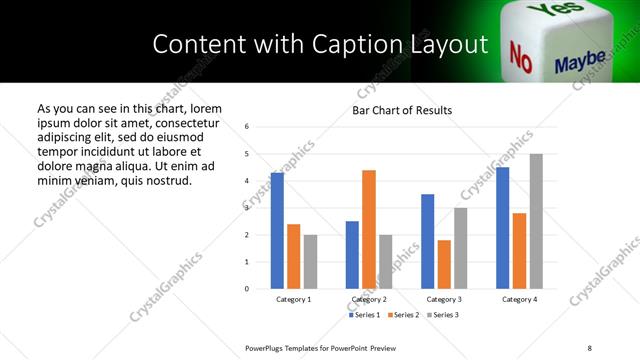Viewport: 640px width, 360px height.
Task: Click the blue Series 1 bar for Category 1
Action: coord(277,231)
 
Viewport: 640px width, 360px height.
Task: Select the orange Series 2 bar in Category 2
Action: coord(369,229)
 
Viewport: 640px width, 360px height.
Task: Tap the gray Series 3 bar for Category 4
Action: coord(536,221)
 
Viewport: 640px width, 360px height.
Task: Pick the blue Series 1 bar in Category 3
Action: coord(428,241)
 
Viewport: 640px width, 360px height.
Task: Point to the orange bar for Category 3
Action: coord(444,264)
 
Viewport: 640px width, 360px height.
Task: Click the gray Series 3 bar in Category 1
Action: coord(311,262)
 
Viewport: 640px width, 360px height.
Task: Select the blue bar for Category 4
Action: coord(503,228)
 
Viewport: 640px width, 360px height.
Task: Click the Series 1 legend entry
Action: coord(364,315)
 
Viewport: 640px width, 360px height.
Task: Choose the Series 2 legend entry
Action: coord(403,315)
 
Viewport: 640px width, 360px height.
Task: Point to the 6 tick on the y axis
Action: coord(247,127)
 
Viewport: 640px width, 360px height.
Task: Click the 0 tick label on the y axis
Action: coord(247,289)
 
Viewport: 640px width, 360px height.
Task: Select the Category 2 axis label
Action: coord(369,299)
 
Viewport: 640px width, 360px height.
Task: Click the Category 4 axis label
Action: coord(519,299)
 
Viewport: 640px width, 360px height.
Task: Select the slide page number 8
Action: coord(590,347)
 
